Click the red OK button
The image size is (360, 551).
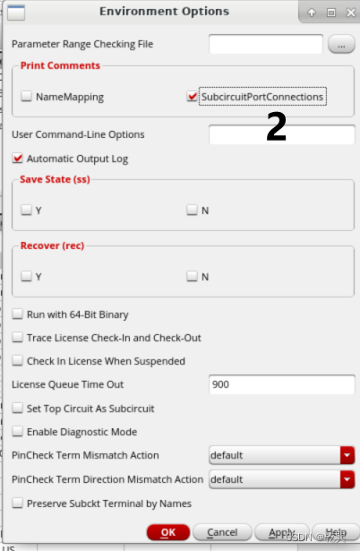click(x=168, y=532)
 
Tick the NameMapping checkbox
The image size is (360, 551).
click(x=26, y=96)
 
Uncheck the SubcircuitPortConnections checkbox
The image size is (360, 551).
click(x=193, y=96)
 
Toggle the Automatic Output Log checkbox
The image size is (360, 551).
click(x=18, y=158)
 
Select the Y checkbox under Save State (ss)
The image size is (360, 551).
click(x=26, y=210)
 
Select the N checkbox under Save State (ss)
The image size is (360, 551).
click(x=193, y=210)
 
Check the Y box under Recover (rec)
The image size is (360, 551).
click(x=26, y=276)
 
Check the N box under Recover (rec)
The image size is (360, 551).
click(x=193, y=276)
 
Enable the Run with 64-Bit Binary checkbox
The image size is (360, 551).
click(x=18, y=314)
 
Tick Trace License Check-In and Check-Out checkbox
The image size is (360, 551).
click(x=18, y=338)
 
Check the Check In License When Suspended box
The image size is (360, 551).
click(x=18, y=360)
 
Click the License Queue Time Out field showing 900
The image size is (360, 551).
click(x=282, y=384)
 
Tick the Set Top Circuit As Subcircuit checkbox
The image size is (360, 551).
click(x=18, y=408)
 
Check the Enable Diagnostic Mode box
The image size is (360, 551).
click(x=18, y=431)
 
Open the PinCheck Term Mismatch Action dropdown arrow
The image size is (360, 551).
click(x=347, y=455)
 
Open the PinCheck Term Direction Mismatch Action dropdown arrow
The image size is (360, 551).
click(x=347, y=479)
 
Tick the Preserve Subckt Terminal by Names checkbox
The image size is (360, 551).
click(x=18, y=503)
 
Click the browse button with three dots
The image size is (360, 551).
click(x=341, y=45)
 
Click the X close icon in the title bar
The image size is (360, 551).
click(x=350, y=13)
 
